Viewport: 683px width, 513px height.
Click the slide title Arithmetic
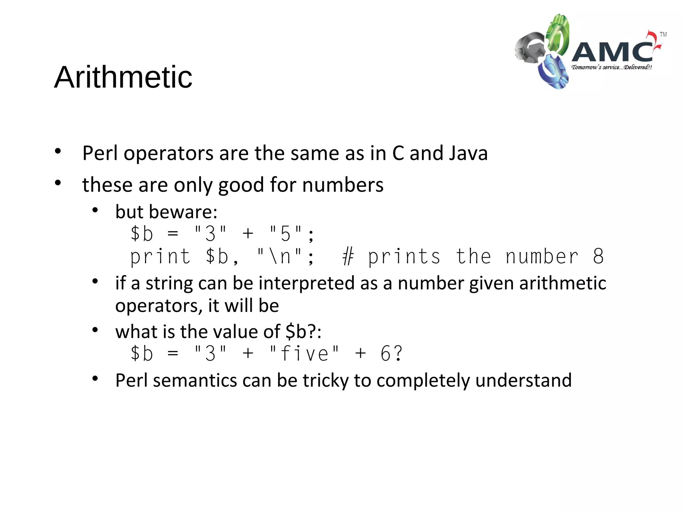click(x=123, y=77)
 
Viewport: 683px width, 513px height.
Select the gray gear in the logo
click(x=530, y=48)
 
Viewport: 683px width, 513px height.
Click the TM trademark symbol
click(x=663, y=34)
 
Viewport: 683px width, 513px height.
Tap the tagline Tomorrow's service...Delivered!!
click(x=611, y=67)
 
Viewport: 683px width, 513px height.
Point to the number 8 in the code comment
click(x=598, y=256)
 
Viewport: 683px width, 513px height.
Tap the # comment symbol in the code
click(x=348, y=256)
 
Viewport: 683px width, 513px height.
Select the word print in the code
click(x=160, y=256)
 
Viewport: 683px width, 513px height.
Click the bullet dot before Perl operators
click(x=58, y=151)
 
